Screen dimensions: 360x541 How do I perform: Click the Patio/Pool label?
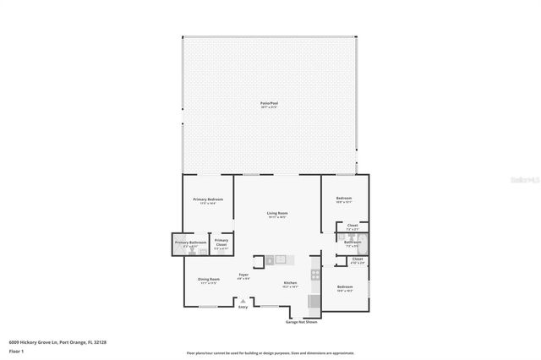pyautogui.click(x=269, y=103)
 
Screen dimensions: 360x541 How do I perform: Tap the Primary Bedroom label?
pyautogui.click(x=207, y=200)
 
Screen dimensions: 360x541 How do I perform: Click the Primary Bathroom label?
pyautogui.click(x=190, y=243)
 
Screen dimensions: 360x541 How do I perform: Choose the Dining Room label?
pyautogui.click(x=209, y=280)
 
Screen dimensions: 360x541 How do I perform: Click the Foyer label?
pyautogui.click(x=243, y=275)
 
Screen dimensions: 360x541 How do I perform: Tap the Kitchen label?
pyautogui.click(x=290, y=282)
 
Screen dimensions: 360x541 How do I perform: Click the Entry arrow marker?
pyautogui.click(x=243, y=301)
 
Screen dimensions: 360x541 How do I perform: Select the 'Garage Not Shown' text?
pyautogui.click(x=302, y=322)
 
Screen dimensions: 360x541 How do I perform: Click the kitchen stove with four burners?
pyautogui.click(x=315, y=274)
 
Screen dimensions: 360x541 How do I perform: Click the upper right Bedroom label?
pyautogui.click(x=343, y=200)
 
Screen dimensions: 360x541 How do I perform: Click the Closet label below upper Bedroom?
pyautogui.click(x=352, y=226)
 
